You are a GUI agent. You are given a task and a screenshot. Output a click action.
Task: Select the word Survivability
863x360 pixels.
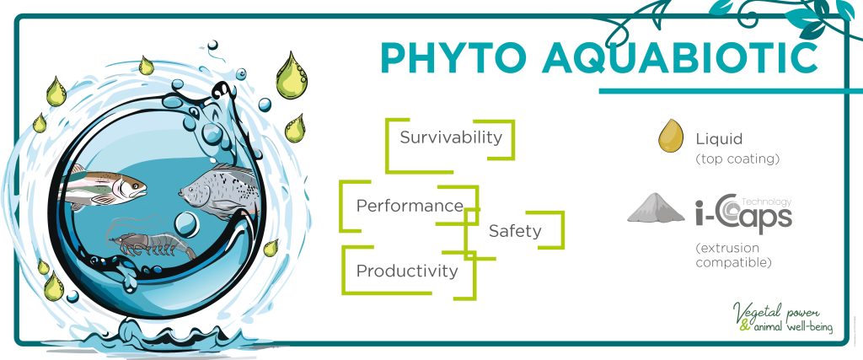(x=452, y=137)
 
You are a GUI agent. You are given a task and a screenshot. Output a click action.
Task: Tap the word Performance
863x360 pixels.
(x=410, y=206)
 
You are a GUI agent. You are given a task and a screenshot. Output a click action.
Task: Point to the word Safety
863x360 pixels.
(x=515, y=231)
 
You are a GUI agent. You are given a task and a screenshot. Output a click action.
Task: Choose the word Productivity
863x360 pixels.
(x=407, y=271)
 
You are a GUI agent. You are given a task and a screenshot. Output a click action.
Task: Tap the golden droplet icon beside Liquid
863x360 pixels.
(x=671, y=136)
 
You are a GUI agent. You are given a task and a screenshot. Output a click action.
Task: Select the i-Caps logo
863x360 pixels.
(x=743, y=214)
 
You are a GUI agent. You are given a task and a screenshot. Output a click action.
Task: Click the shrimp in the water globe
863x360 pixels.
(x=152, y=242)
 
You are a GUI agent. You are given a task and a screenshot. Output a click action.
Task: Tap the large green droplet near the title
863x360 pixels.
(x=291, y=76)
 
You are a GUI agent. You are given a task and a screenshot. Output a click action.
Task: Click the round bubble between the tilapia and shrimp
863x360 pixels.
(x=186, y=224)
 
